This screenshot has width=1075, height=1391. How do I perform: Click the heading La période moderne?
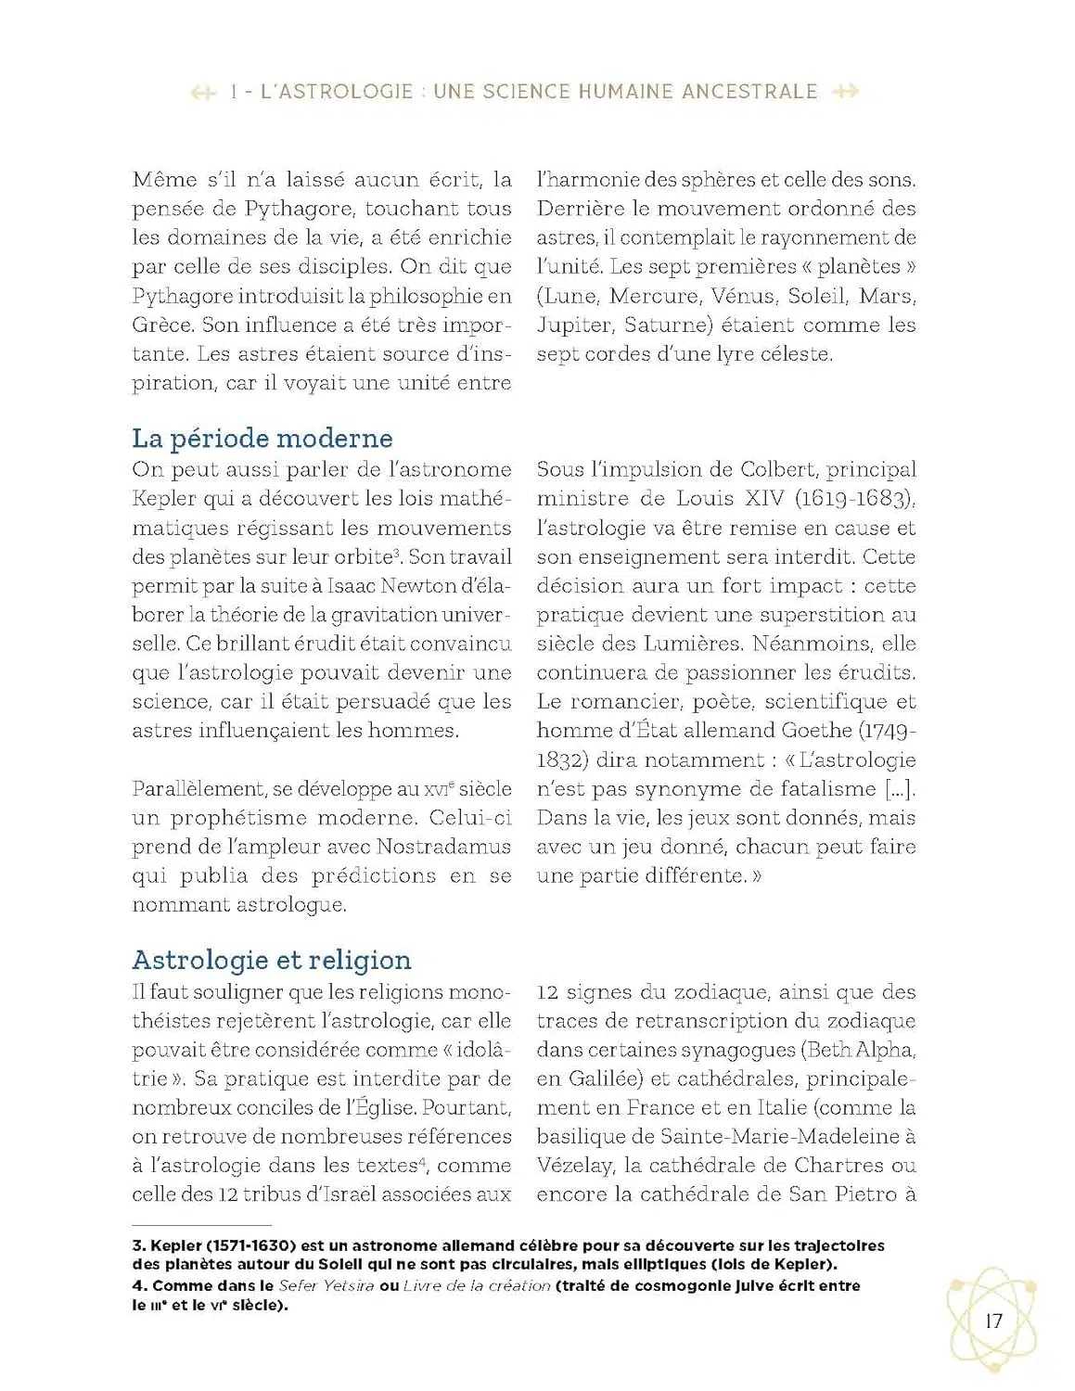tap(262, 438)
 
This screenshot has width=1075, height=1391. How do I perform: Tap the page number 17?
tap(993, 1321)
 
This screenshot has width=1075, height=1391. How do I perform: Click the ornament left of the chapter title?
tap(202, 92)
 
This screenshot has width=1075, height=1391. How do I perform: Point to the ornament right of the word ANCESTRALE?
tap(846, 92)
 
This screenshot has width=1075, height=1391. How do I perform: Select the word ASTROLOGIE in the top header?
tap(338, 92)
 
